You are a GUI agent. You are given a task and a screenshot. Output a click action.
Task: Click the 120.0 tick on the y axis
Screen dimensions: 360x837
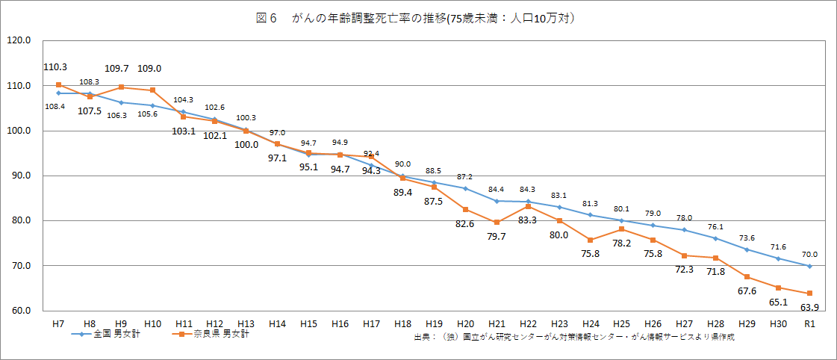click(18, 41)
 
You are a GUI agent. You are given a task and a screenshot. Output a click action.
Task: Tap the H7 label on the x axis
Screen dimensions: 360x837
click(57, 323)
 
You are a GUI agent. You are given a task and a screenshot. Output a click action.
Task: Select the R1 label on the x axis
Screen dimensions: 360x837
click(809, 323)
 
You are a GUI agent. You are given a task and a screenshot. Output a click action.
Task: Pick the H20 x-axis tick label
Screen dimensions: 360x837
click(464, 323)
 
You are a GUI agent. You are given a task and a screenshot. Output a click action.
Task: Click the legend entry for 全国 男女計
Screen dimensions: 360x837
click(113, 334)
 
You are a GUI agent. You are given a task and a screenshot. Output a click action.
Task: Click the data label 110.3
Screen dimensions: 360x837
click(55, 68)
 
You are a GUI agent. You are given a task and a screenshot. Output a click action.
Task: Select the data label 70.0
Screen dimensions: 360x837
click(811, 254)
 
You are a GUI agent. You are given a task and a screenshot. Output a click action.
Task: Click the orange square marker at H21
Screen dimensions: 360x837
click(497, 223)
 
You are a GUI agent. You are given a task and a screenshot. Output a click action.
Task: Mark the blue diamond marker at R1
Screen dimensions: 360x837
click(809, 266)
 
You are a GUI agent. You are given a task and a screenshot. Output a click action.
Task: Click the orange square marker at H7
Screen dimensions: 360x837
click(58, 84)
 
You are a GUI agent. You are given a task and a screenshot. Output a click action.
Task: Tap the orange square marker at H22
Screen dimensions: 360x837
click(528, 206)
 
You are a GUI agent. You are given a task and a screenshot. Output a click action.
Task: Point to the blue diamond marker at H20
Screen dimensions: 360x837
click(465, 188)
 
